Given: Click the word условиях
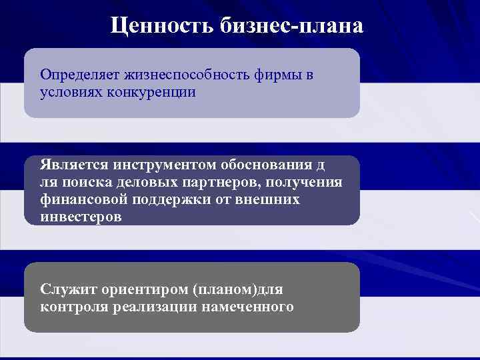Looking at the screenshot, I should click(x=68, y=92).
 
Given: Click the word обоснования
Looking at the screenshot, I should click(x=270, y=165).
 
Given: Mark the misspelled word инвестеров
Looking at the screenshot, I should click(x=81, y=217).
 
